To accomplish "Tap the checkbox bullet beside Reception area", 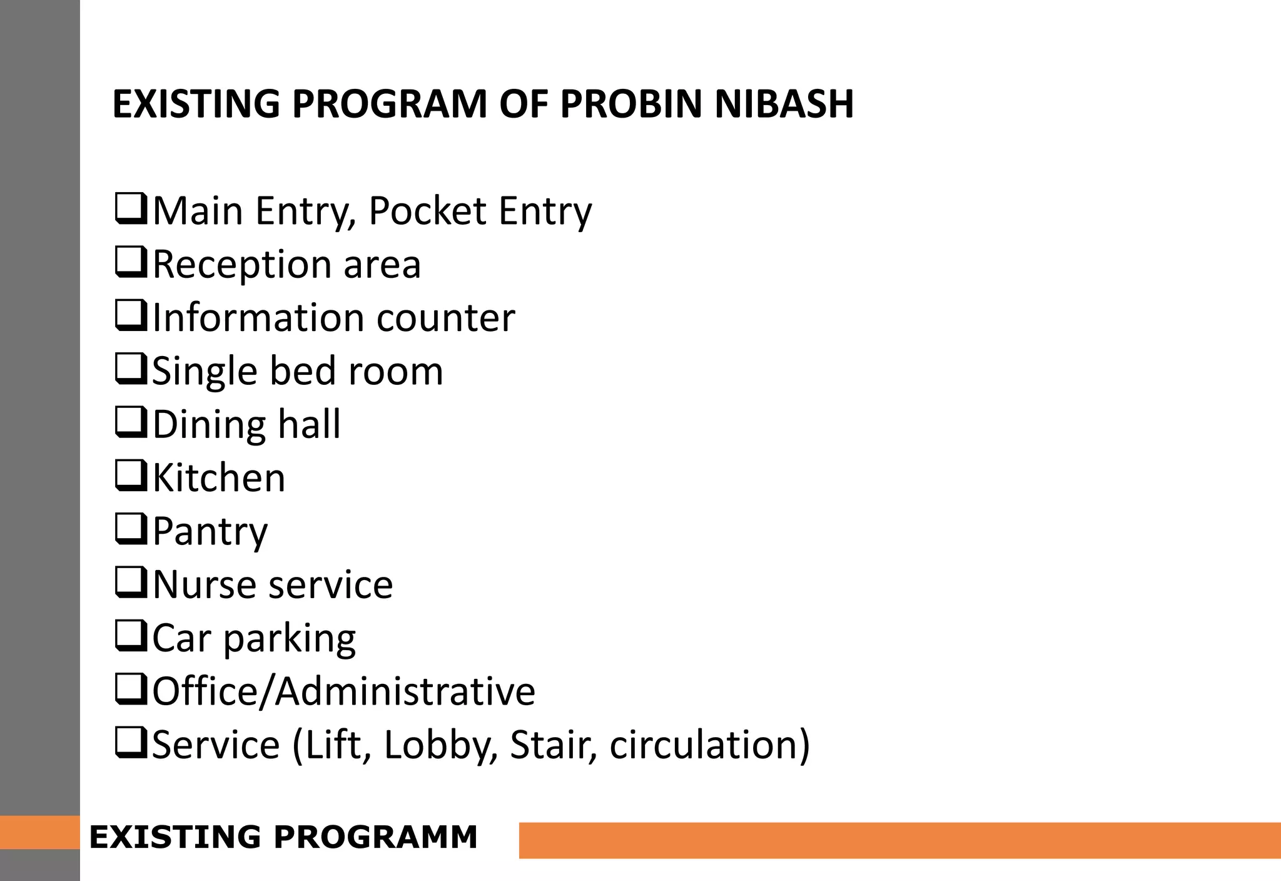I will click(x=131, y=263).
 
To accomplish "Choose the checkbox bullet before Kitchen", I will click(x=131, y=477).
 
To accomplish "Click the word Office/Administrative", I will click(x=344, y=691).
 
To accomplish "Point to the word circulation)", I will click(x=710, y=745).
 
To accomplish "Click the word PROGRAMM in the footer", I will click(x=377, y=837).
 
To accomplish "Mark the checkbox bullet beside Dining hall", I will click(x=131, y=423).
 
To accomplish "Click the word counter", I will click(x=446, y=317).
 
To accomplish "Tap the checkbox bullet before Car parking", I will click(x=131, y=636).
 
